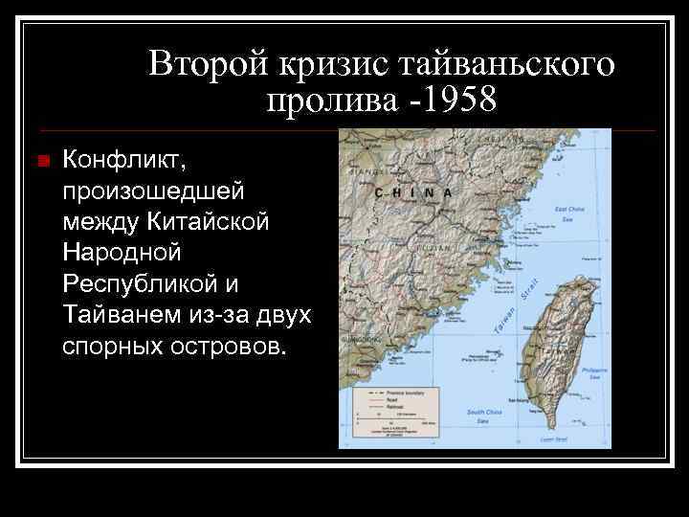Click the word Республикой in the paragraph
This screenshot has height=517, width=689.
(x=148, y=283)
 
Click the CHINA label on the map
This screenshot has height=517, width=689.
(x=412, y=192)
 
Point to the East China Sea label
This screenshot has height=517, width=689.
(x=569, y=213)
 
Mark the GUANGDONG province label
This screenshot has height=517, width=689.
(x=361, y=339)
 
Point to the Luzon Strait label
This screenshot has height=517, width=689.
(x=554, y=439)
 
